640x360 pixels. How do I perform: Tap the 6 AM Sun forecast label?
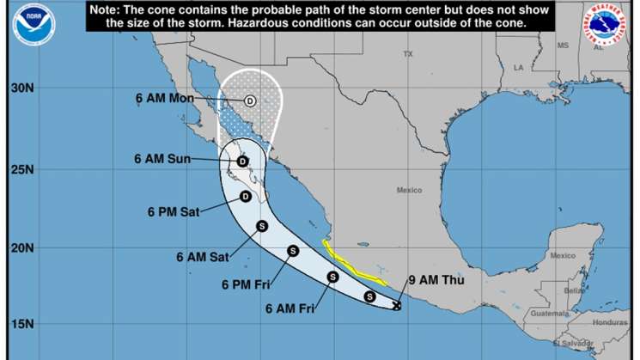tap(162, 158)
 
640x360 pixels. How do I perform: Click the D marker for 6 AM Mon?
tap(250, 101)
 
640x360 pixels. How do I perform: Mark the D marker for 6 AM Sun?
tap(242, 161)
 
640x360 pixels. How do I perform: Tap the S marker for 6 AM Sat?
tap(263, 227)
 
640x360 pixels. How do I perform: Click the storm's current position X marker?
tap(397, 305)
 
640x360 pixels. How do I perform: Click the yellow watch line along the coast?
tap(352, 265)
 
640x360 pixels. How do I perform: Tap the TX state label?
tap(408, 54)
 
